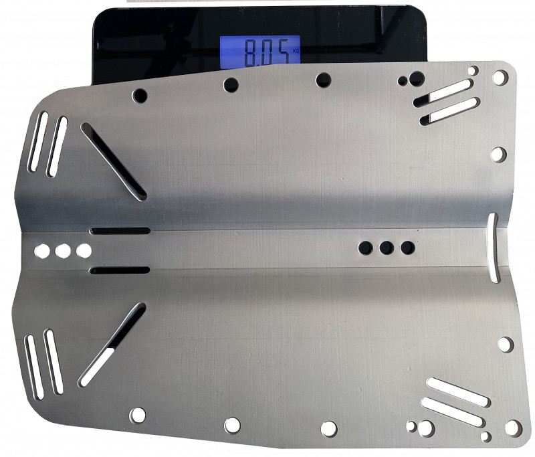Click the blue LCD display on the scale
(x=259, y=50)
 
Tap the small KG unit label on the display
(x=296, y=52)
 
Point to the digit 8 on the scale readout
(x=251, y=52)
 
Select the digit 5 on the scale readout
(x=282, y=52)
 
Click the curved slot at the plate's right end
(x=492, y=248)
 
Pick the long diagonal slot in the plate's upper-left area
(x=114, y=161)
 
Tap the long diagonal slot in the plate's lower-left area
(x=112, y=345)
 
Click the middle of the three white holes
(x=63, y=251)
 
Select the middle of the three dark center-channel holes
(x=387, y=248)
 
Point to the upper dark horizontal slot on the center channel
(x=120, y=231)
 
